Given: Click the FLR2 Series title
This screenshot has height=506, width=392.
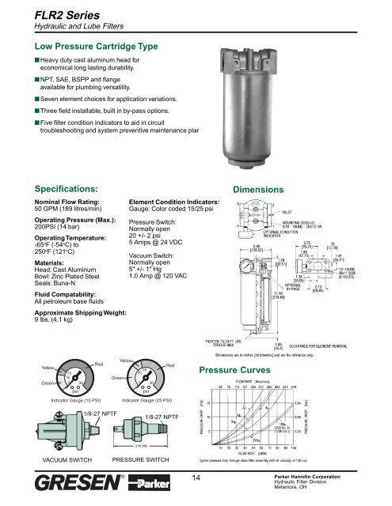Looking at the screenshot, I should [45, 11].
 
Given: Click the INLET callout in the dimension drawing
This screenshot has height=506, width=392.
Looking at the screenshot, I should [315, 212].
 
